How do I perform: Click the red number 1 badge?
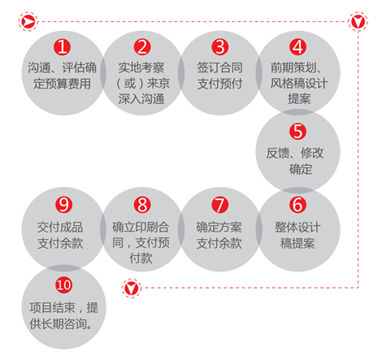pyautogui.click(x=62, y=47)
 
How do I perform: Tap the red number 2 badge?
pyautogui.click(x=142, y=47)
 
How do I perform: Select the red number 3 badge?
pyautogui.click(x=219, y=47)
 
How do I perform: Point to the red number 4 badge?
pyautogui.click(x=297, y=47)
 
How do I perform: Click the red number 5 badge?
pyautogui.click(x=297, y=132)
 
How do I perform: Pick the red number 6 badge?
pyautogui.click(x=297, y=205)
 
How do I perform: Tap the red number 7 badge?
pyautogui.click(x=219, y=205)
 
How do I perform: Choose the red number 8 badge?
pyautogui.click(x=142, y=205)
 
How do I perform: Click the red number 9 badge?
pyautogui.click(x=63, y=205)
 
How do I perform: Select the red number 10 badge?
pyautogui.click(x=63, y=284)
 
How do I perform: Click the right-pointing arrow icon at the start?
pyautogui.click(x=28, y=21)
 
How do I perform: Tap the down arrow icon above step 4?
pyautogui.click(x=358, y=21)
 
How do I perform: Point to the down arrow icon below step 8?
pyautogui.click(x=132, y=288)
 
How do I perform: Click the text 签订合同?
pyautogui.click(x=219, y=67)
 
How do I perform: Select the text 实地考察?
pyautogui.click(x=141, y=67)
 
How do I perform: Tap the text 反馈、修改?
pyautogui.click(x=295, y=154)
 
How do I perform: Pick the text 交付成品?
pyautogui.click(x=60, y=227)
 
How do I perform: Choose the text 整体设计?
pyautogui.click(x=297, y=227)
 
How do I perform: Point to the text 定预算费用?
pyautogui.click(x=62, y=84)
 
